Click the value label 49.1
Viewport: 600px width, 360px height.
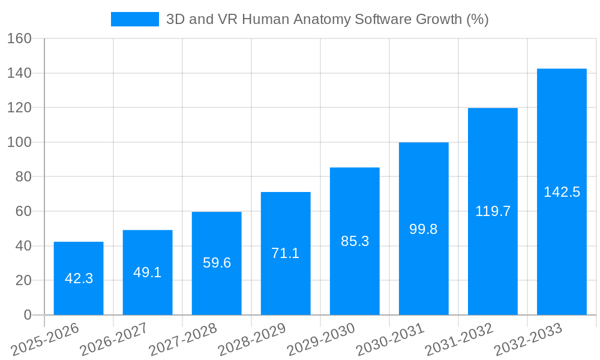coord(148,272)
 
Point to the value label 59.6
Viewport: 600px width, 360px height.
coord(217,263)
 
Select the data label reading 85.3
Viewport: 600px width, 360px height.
coord(355,241)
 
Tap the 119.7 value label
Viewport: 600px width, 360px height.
coord(493,211)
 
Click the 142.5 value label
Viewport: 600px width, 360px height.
coord(562,192)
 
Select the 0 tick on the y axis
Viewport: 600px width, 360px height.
coord(27,315)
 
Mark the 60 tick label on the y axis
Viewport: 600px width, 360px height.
coord(23,211)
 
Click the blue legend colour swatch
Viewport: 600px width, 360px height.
coord(134,19)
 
